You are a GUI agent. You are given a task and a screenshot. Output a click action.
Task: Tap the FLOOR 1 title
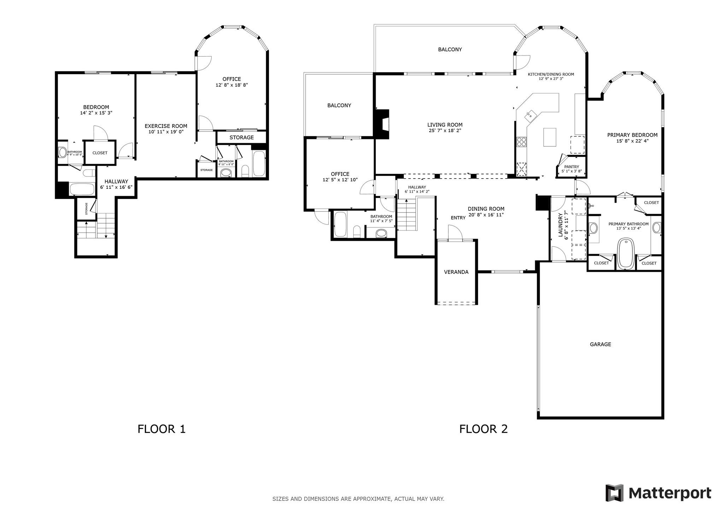pos(161,429)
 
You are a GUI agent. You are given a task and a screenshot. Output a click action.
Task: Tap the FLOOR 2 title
pos(483,429)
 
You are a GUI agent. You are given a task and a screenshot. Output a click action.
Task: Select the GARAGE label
pos(600,344)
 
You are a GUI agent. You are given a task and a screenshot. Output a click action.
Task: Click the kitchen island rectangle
pos(549,137)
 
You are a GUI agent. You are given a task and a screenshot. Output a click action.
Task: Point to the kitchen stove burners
pos(521,142)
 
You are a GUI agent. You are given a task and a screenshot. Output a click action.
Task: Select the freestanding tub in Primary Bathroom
pos(626,254)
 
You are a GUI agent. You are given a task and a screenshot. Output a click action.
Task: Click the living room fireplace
pos(382,124)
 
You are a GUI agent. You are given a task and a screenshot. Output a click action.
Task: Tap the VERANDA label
pos(456,272)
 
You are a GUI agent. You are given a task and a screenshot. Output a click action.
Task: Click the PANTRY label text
pos(571,167)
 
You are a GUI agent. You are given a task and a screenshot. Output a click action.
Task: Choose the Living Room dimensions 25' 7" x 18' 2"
pos(445,130)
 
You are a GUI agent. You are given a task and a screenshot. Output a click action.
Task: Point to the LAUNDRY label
pos(560,225)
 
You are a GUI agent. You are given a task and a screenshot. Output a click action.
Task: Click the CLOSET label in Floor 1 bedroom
pos(100,153)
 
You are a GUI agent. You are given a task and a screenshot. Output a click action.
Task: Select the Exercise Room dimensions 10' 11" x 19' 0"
pos(166,132)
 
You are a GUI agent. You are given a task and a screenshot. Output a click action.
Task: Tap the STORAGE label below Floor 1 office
pos(242,138)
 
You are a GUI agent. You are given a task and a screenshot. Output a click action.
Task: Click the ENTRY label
pos(458,218)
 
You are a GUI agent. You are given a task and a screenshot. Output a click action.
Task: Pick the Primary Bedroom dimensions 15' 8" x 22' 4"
pos(632,141)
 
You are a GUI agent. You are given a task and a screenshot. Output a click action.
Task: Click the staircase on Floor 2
pos(407,214)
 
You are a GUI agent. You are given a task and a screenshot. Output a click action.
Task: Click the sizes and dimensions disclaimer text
pos(358,499)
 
